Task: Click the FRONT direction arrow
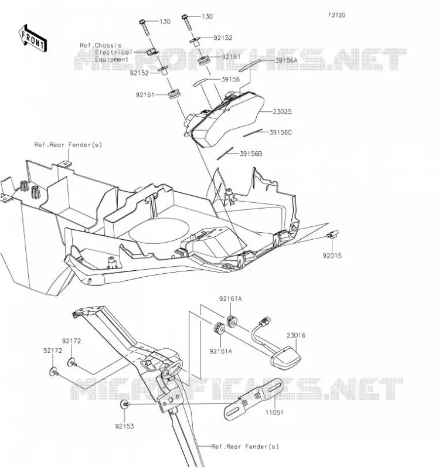pyautogui.click(x=33, y=39)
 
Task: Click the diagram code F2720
pyautogui.click(x=336, y=15)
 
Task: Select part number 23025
pyautogui.click(x=282, y=111)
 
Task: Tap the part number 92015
pyautogui.click(x=332, y=256)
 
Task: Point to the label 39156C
pyautogui.click(x=281, y=132)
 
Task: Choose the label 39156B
pyautogui.click(x=251, y=154)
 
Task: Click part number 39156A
pyautogui.click(x=286, y=60)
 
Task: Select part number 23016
pyautogui.click(x=296, y=335)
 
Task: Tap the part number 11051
pyautogui.click(x=274, y=413)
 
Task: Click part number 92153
pyautogui.click(x=124, y=426)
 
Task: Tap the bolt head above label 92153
pyautogui.click(x=124, y=405)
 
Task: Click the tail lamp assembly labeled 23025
pyautogui.click(x=225, y=119)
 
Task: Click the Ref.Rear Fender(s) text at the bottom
pyautogui.click(x=245, y=447)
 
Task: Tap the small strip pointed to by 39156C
pyautogui.click(x=253, y=133)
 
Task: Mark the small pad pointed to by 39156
pyautogui.click(x=200, y=82)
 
